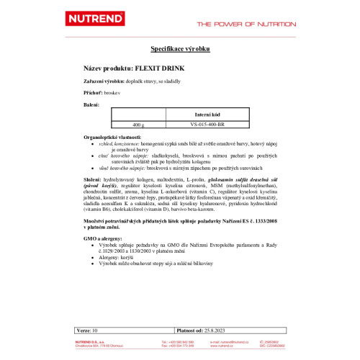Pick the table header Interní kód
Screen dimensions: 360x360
click(x=202, y=115)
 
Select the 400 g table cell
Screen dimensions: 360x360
click(x=138, y=125)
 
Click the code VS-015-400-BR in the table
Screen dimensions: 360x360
click(x=202, y=125)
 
